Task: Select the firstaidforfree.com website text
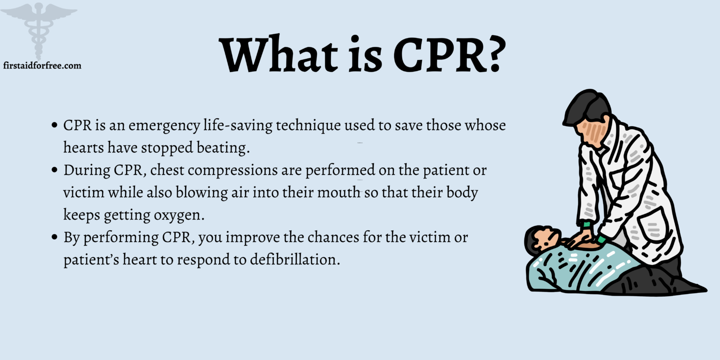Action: coord(42,66)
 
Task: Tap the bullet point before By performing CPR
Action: coord(55,237)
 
